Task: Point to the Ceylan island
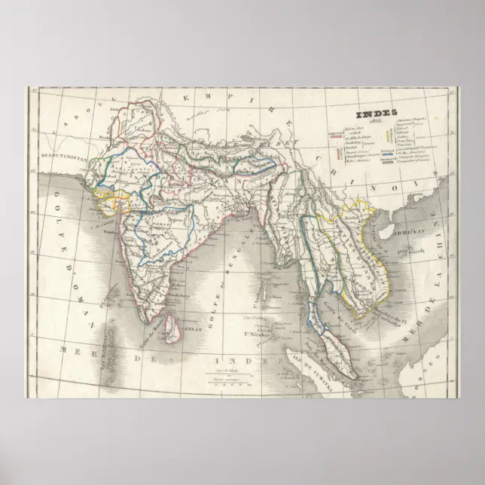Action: [174, 328]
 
